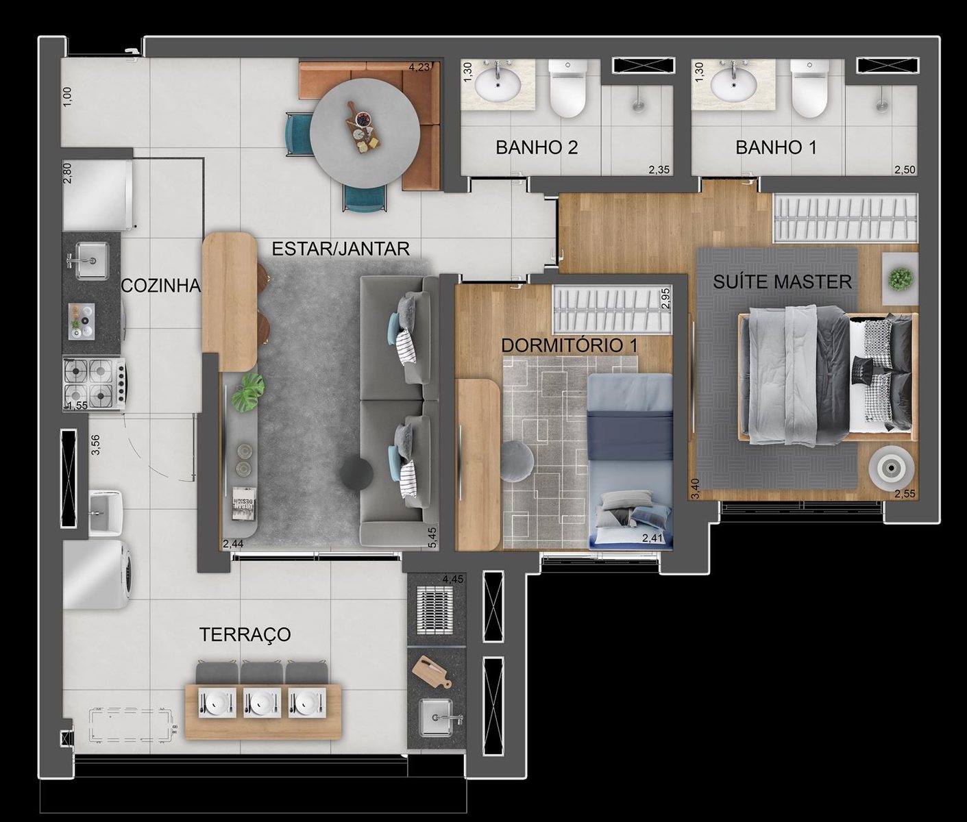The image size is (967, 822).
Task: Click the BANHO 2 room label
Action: tap(537, 147)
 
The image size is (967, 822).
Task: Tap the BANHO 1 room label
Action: tap(776, 147)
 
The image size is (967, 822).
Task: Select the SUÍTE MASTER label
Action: tap(782, 282)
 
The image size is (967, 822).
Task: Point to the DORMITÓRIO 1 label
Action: tap(570, 345)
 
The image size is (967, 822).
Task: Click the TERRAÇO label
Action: tap(245, 634)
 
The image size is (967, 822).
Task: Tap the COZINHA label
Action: tap(161, 286)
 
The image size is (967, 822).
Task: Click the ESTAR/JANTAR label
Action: tap(341, 249)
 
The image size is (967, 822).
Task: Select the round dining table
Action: tap(365, 137)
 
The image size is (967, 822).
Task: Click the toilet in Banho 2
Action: tap(567, 88)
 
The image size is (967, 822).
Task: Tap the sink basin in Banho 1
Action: tap(733, 85)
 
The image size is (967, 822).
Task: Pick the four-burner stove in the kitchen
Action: tap(95, 384)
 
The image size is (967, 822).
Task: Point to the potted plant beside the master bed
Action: tap(900, 279)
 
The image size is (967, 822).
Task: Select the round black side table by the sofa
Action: tap(356, 473)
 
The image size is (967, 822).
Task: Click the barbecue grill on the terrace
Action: tap(434, 610)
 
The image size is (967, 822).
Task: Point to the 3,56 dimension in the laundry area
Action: tap(96, 445)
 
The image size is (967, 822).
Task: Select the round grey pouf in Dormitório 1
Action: tap(517, 460)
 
